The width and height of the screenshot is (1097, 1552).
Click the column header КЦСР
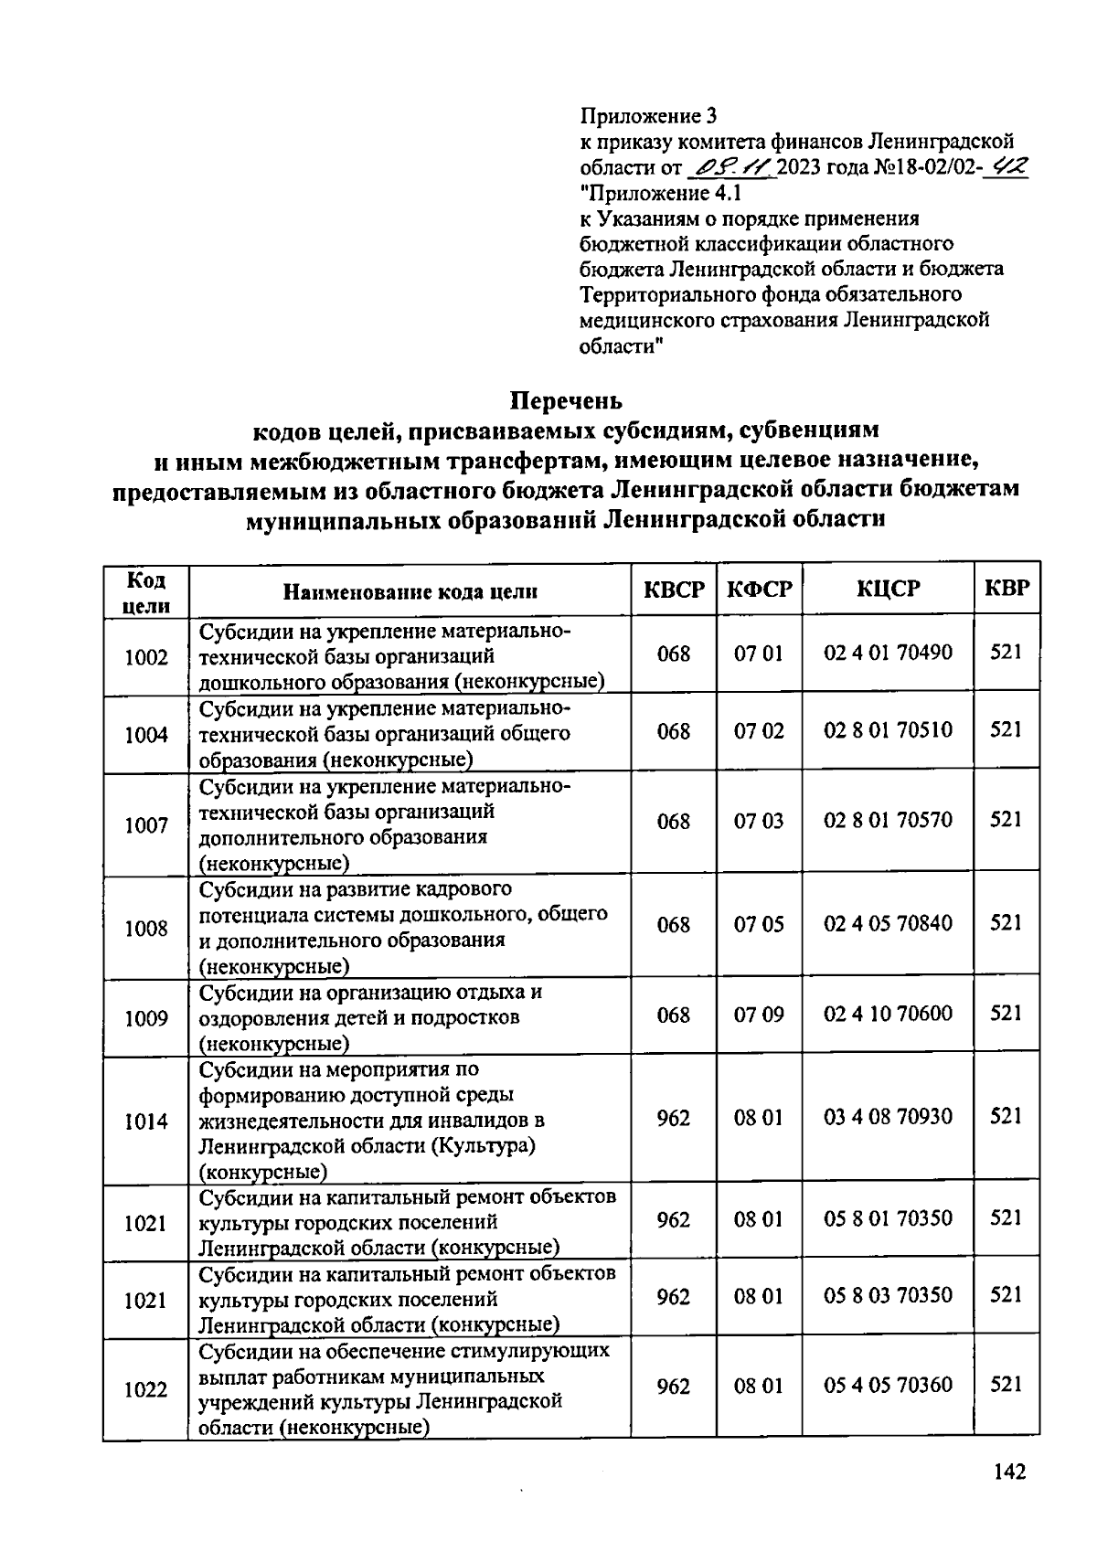[888, 589]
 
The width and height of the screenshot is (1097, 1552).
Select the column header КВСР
[674, 590]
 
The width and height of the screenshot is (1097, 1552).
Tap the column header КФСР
[759, 590]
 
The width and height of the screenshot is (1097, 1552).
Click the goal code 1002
[146, 657]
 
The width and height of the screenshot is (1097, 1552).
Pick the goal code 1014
[146, 1121]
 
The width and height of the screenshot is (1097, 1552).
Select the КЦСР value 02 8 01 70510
[888, 730]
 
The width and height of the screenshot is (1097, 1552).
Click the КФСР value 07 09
[759, 1015]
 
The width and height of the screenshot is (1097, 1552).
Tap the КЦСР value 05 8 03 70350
[888, 1295]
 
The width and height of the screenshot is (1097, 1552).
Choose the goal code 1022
[146, 1390]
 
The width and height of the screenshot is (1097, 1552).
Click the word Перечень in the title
[566, 401]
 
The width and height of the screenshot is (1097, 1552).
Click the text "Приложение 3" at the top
[649, 116]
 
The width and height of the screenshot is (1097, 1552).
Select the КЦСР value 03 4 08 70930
[888, 1117]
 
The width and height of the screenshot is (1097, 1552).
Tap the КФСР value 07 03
[759, 821]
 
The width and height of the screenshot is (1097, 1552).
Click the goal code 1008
[146, 929]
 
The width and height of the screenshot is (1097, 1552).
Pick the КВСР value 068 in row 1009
[674, 1015]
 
